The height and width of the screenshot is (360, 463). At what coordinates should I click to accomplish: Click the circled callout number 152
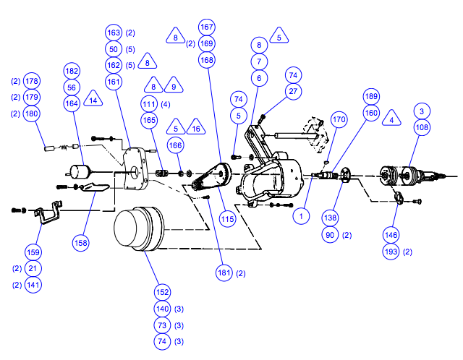click(162, 292)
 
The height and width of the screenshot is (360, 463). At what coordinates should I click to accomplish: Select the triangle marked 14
click(93, 99)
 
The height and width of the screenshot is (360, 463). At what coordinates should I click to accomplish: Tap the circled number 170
click(339, 119)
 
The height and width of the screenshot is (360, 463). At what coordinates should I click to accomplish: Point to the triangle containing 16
click(196, 127)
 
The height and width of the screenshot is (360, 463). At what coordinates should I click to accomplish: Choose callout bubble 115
click(227, 219)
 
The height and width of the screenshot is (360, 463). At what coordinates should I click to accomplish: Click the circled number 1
click(301, 216)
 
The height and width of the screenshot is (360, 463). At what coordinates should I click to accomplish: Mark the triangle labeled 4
click(391, 119)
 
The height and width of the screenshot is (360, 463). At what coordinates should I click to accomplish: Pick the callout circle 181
click(224, 273)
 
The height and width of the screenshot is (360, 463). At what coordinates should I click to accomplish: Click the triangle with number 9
click(174, 85)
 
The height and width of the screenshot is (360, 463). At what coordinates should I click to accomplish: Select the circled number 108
click(422, 127)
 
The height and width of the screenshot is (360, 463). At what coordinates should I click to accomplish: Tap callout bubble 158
click(80, 243)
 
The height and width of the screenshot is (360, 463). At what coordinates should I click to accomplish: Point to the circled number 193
click(391, 252)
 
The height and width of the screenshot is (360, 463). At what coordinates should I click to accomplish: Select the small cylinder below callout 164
click(79, 172)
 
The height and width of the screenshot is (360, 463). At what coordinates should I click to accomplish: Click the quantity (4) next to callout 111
click(166, 104)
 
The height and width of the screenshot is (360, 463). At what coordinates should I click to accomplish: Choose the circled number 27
click(293, 91)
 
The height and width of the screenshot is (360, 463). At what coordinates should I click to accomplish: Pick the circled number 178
click(32, 81)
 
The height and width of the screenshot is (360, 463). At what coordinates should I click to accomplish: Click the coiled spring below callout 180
click(64, 147)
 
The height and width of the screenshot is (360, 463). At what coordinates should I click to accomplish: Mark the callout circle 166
click(175, 145)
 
